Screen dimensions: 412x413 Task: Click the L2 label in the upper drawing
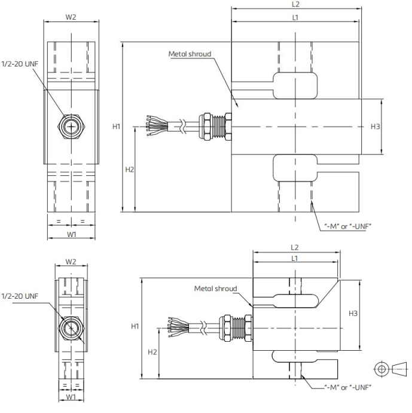[295, 4]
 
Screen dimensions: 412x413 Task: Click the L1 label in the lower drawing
[294, 259]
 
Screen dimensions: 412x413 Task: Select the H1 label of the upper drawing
[116, 127]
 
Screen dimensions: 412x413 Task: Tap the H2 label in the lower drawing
[152, 352]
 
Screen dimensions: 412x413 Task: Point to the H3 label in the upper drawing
[375, 127]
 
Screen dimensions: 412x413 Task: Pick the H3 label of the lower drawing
[353, 314]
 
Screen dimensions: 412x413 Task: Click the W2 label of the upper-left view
[71, 17]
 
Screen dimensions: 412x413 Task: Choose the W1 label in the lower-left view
[71, 397]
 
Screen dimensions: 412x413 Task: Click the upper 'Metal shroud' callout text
[190, 54]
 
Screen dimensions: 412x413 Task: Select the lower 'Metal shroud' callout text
[215, 289]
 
